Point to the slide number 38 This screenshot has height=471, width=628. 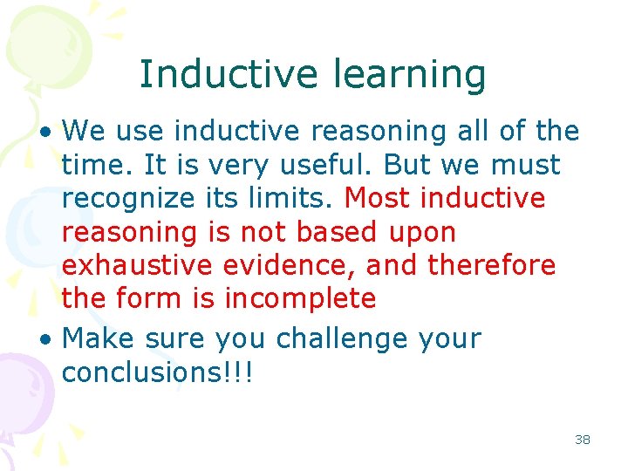pyautogui.click(x=583, y=440)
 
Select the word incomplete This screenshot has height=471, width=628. pyautogui.click(x=300, y=297)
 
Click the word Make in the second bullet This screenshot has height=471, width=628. pyautogui.click(x=99, y=338)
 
